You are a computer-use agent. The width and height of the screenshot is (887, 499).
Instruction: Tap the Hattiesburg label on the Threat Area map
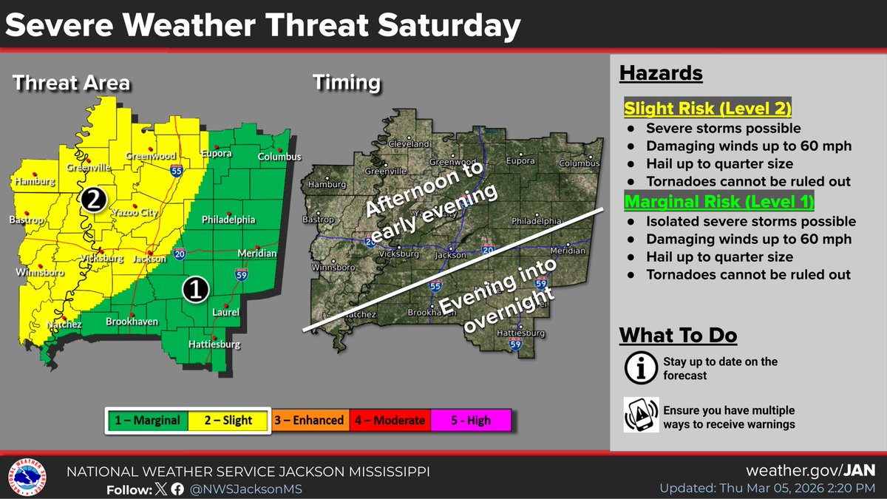(x=214, y=344)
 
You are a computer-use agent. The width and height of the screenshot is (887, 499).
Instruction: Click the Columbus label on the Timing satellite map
(x=578, y=163)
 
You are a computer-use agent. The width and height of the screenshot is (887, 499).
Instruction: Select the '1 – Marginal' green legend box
(x=146, y=421)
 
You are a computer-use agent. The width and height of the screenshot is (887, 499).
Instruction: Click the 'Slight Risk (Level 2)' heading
(x=708, y=109)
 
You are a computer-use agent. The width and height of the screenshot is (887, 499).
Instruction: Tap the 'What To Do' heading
(x=678, y=335)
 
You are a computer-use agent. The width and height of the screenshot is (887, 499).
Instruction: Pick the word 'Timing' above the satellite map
(x=346, y=82)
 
